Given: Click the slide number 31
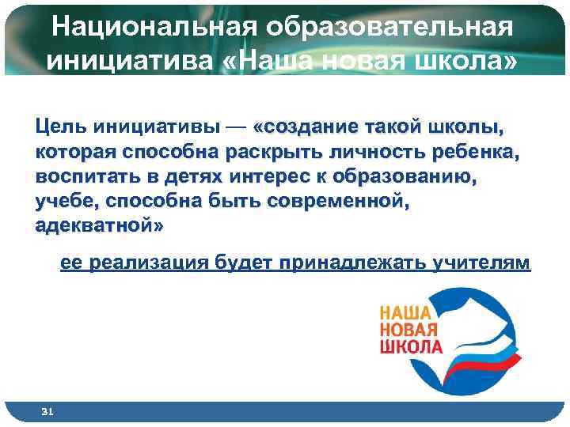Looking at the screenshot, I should [x=47, y=412].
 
